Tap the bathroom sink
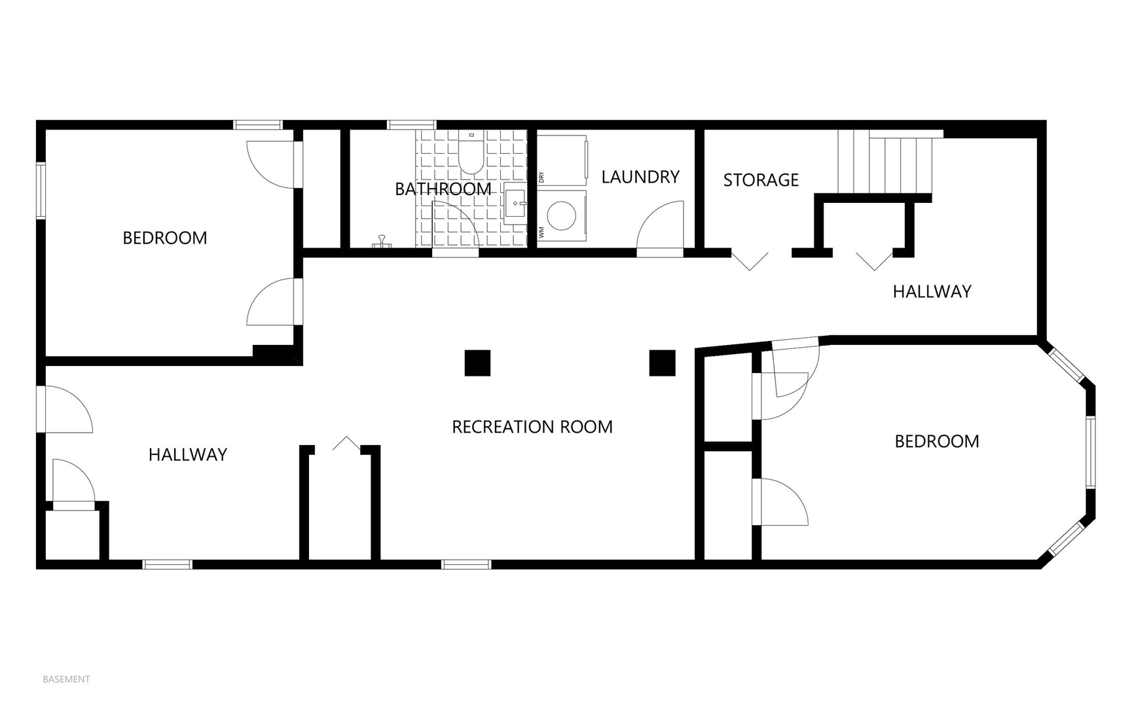(x=515, y=204)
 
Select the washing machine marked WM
(x=561, y=215)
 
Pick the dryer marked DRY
(x=562, y=160)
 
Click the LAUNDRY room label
(x=640, y=177)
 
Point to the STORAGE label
(x=761, y=180)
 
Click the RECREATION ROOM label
(x=532, y=427)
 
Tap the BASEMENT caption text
(x=66, y=680)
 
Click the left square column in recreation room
(x=477, y=363)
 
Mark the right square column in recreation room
(x=662, y=363)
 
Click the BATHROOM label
(x=443, y=189)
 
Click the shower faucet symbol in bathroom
(x=380, y=243)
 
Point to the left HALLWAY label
(x=188, y=454)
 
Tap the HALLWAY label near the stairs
(x=932, y=291)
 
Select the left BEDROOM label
(x=165, y=238)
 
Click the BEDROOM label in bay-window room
(x=937, y=441)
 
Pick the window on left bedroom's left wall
(x=41, y=190)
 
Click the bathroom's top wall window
(x=412, y=124)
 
